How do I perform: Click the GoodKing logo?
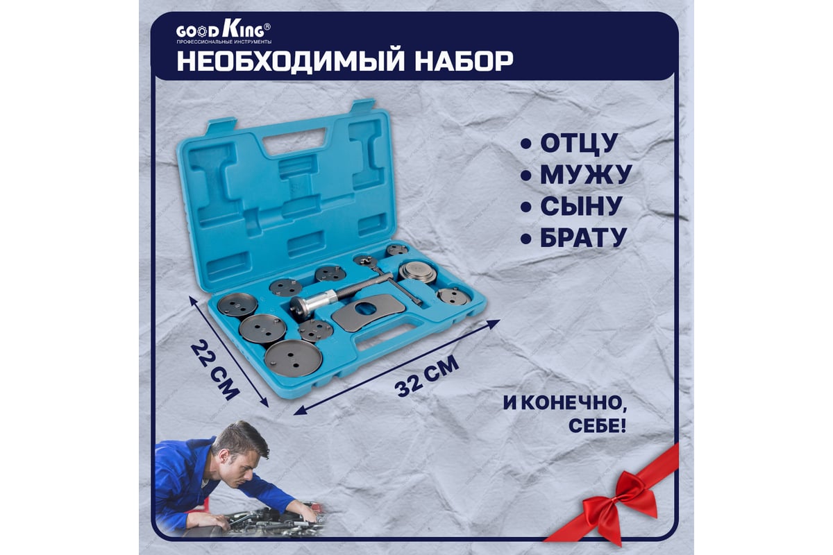click(224, 33)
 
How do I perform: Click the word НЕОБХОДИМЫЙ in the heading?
click(291, 61)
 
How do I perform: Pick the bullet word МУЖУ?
click(586, 174)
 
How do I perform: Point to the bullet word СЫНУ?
click(581, 205)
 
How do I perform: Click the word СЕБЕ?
click(597, 426)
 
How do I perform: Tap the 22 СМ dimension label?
click(214, 371)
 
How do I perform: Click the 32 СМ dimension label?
click(427, 376)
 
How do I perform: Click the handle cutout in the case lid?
click(294, 142)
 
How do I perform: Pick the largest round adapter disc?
click(293, 357)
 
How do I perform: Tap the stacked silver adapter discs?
click(419, 272)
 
